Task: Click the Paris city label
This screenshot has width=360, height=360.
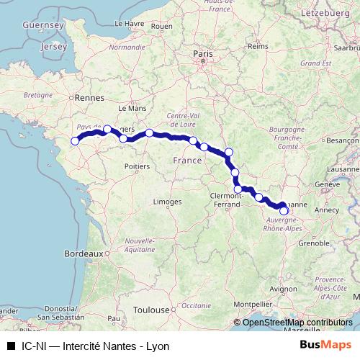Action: (201, 53)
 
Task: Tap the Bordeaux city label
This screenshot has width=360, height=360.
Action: (83, 253)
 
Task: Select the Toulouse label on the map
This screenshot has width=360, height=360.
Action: (151, 310)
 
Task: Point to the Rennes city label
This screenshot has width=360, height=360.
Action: (91, 98)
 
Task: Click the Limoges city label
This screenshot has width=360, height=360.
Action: (167, 203)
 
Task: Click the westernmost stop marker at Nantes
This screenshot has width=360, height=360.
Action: (75, 140)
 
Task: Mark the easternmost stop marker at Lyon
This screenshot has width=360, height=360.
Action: (284, 211)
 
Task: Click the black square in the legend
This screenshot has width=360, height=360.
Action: (10, 346)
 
